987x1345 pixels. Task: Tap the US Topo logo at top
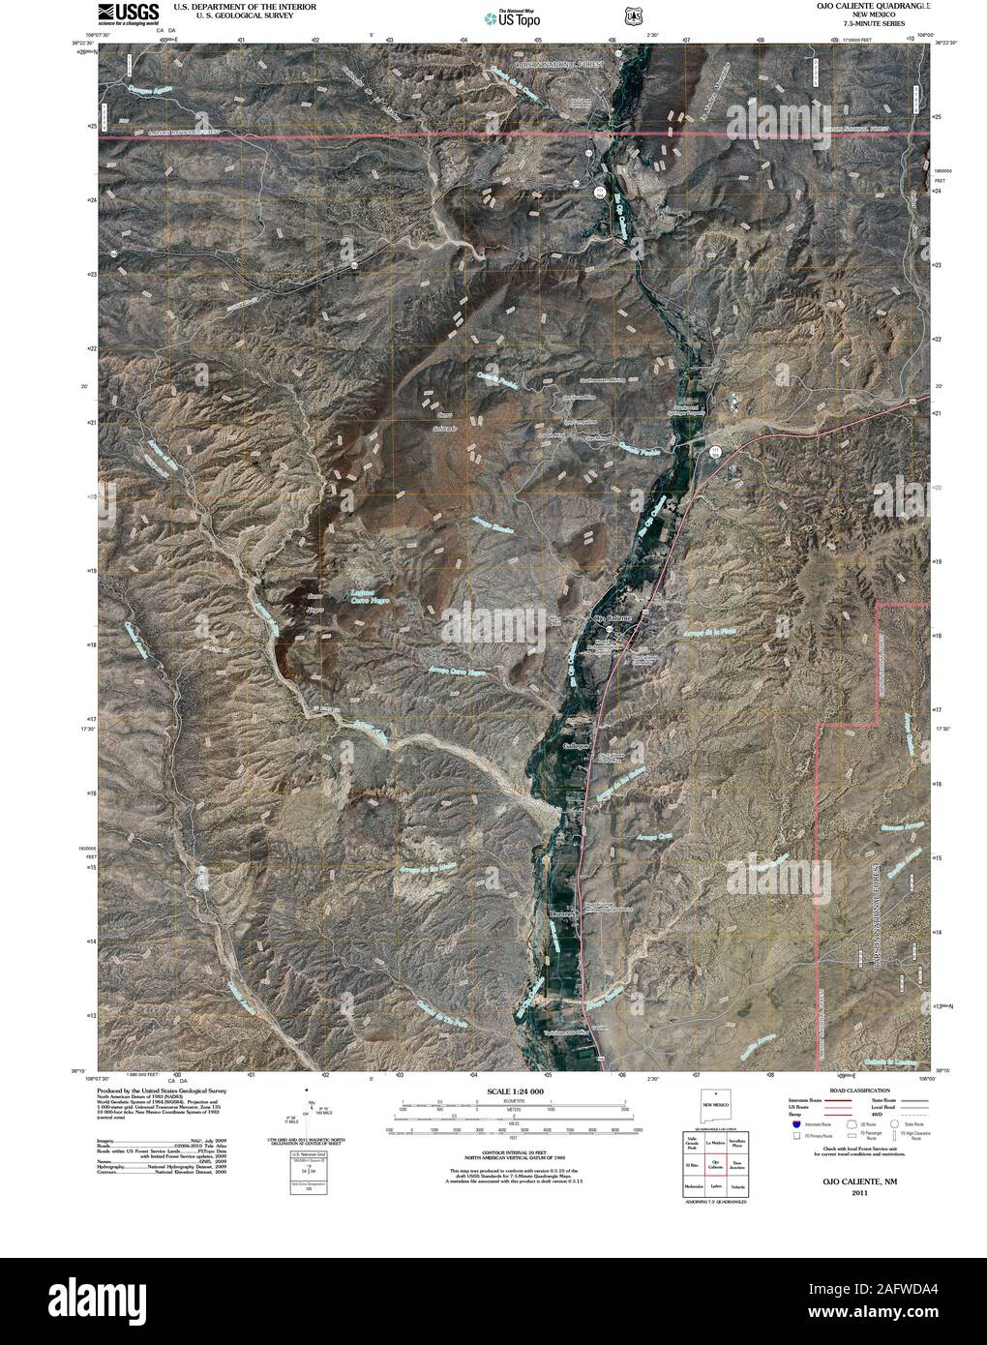click(512, 15)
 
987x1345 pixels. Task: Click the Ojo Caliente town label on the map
click(611, 617)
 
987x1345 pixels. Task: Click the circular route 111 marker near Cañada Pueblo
click(714, 451)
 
